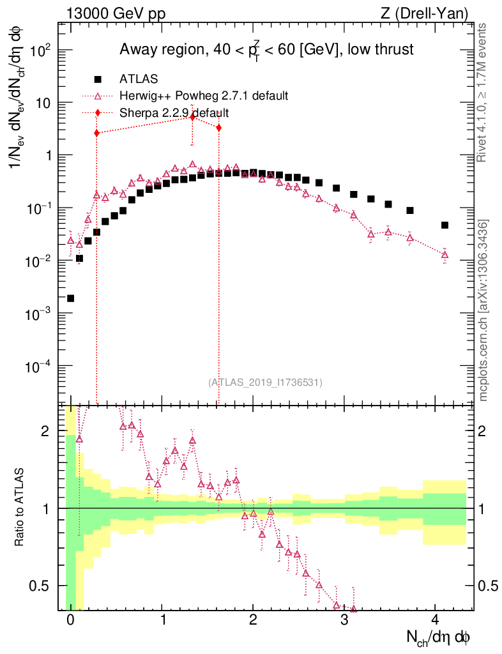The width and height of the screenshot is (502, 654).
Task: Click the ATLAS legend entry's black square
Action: point(98,79)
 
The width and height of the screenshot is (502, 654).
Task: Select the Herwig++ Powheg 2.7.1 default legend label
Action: point(204,96)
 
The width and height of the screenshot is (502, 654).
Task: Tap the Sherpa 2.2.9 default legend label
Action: point(174,112)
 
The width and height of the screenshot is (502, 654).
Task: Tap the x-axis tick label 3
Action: point(344,620)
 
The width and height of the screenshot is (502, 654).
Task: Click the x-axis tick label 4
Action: point(435,620)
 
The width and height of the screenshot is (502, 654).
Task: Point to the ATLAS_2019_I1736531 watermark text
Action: point(265,382)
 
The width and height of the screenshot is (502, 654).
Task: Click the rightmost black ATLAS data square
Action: point(445,225)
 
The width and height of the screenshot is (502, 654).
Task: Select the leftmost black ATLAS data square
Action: point(70,298)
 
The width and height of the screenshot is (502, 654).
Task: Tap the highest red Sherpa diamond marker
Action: point(192,117)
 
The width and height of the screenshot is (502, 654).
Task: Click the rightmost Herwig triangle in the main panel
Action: point(445,255)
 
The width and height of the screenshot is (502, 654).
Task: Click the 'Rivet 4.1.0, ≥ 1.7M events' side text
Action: point(483,92)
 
